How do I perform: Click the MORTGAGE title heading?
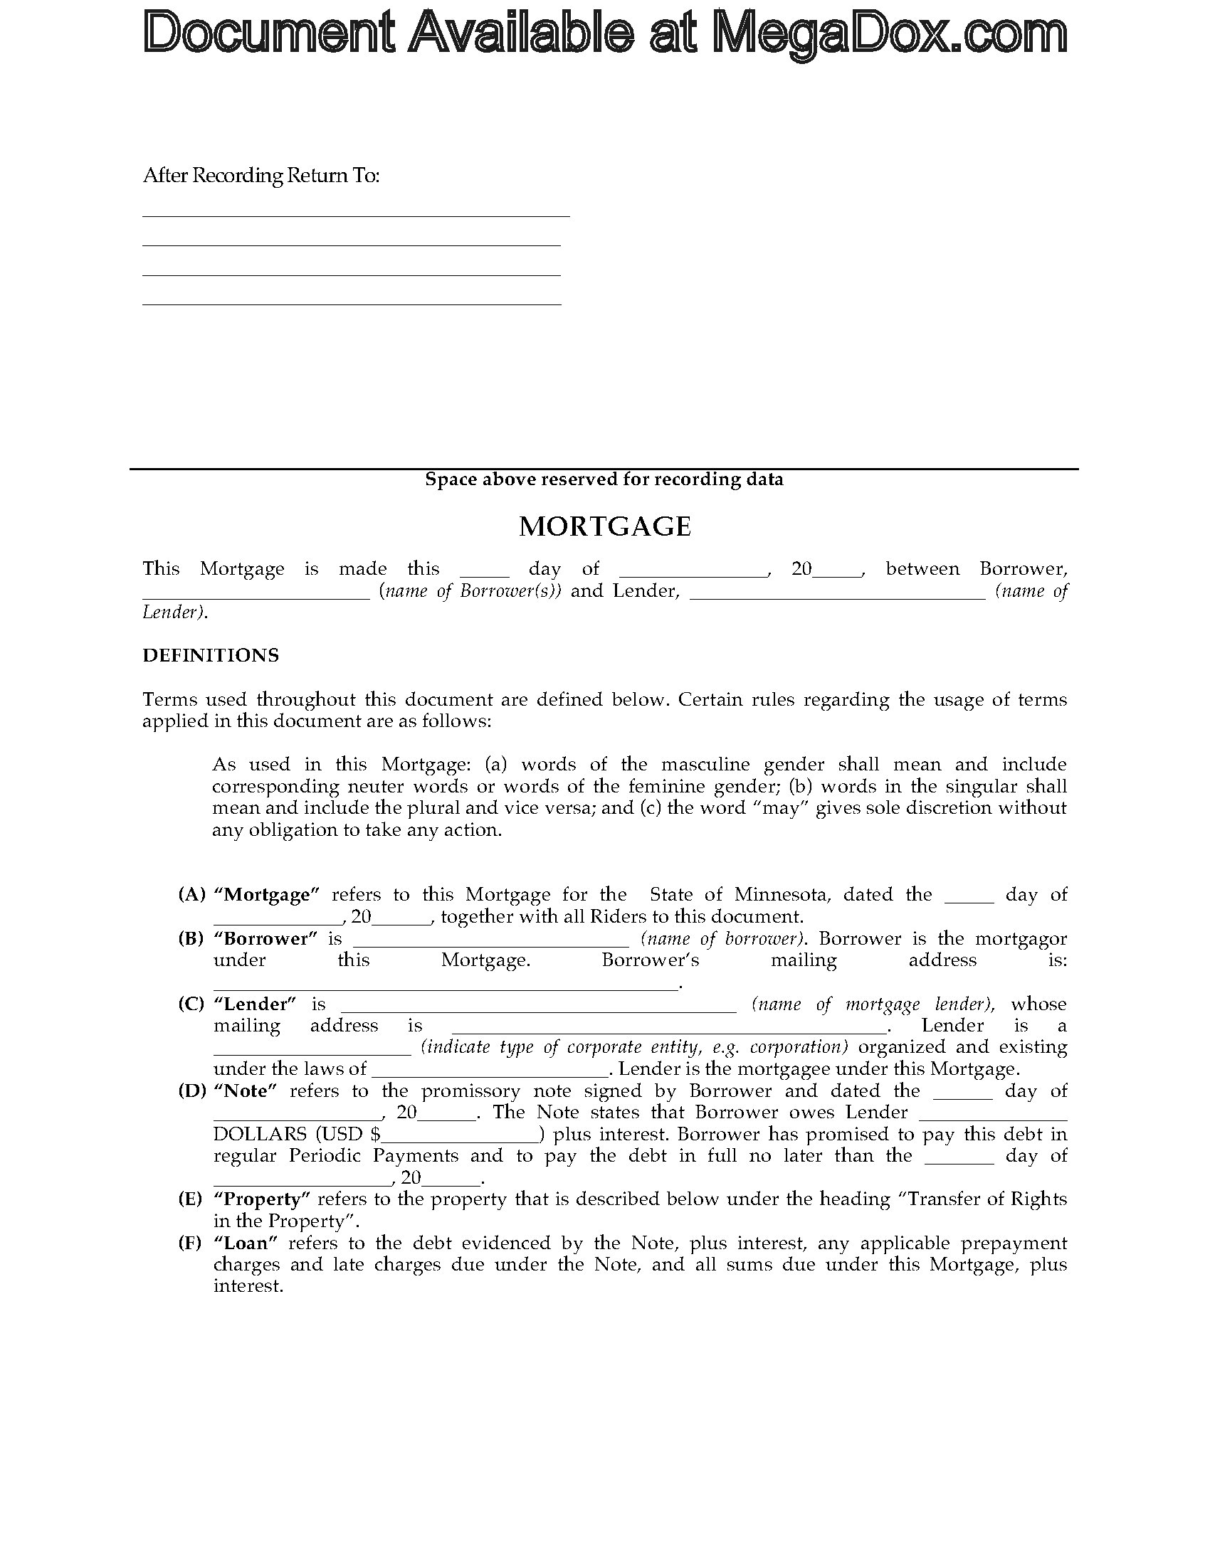(x=604, y=526)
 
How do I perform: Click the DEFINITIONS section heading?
(x=211, y=656)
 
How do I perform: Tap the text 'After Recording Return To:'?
(x=261, y=176)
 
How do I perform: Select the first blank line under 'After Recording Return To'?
(x=356, y=214)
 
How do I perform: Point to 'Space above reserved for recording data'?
(x=604, y=479)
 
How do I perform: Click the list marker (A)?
(x=191, y=894)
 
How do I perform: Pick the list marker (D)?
(x=191, y=1091)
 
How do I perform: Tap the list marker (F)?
(x=190, y=1243)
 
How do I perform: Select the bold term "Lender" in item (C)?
(x=256, y=1004)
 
